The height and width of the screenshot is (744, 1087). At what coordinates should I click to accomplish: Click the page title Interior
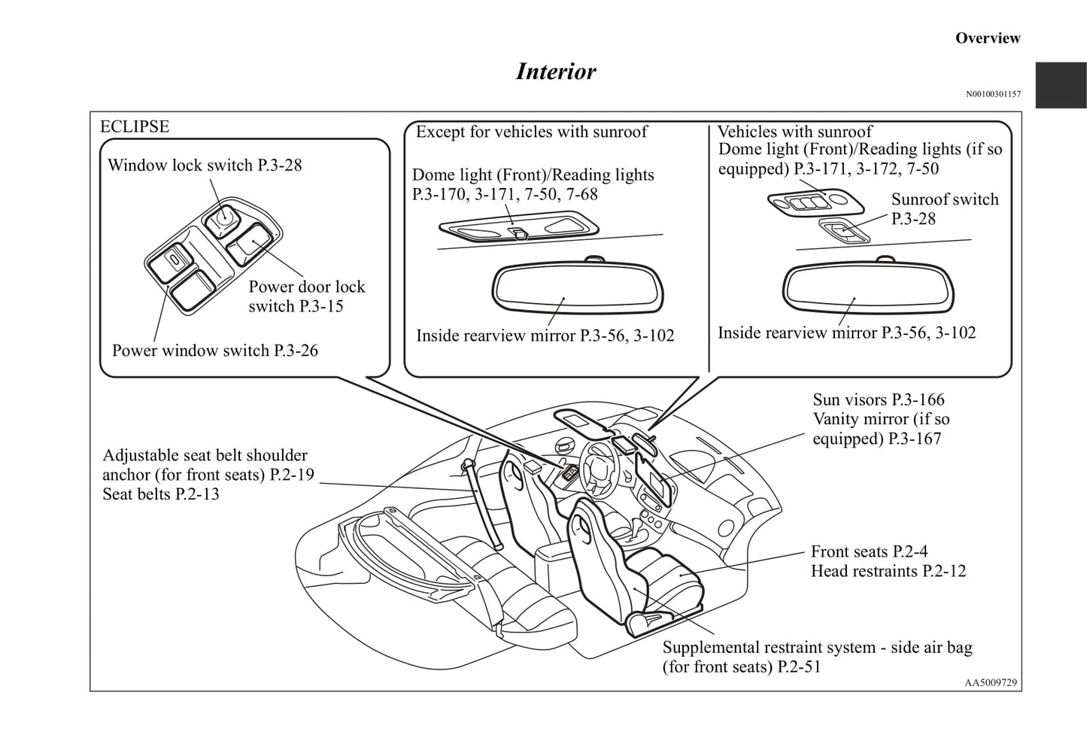555,71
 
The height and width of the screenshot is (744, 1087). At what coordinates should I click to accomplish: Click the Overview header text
987,38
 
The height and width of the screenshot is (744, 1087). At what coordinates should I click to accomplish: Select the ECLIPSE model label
135,126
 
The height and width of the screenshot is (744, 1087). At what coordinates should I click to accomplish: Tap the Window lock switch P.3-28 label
205,166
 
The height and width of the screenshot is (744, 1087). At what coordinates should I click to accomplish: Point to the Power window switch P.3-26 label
214,351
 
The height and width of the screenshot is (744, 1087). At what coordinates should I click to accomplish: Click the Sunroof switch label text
945,200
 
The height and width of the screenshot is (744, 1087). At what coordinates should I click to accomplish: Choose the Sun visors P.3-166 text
878,399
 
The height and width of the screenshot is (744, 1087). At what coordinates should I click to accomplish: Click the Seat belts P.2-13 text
161,494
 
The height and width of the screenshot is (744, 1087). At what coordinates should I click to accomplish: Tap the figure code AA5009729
991,682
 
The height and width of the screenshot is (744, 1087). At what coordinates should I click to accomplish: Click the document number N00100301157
993,94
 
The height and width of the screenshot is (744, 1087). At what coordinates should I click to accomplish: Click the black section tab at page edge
1061,85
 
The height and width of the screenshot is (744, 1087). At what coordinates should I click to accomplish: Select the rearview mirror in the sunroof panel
869,287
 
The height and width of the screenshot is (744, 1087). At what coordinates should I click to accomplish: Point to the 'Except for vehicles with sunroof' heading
531,132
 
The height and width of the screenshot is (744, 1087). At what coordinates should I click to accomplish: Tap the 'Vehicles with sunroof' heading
794,132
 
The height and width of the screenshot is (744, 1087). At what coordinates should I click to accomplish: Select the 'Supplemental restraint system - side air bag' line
817,648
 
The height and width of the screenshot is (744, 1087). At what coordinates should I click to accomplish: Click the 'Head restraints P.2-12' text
888,571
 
